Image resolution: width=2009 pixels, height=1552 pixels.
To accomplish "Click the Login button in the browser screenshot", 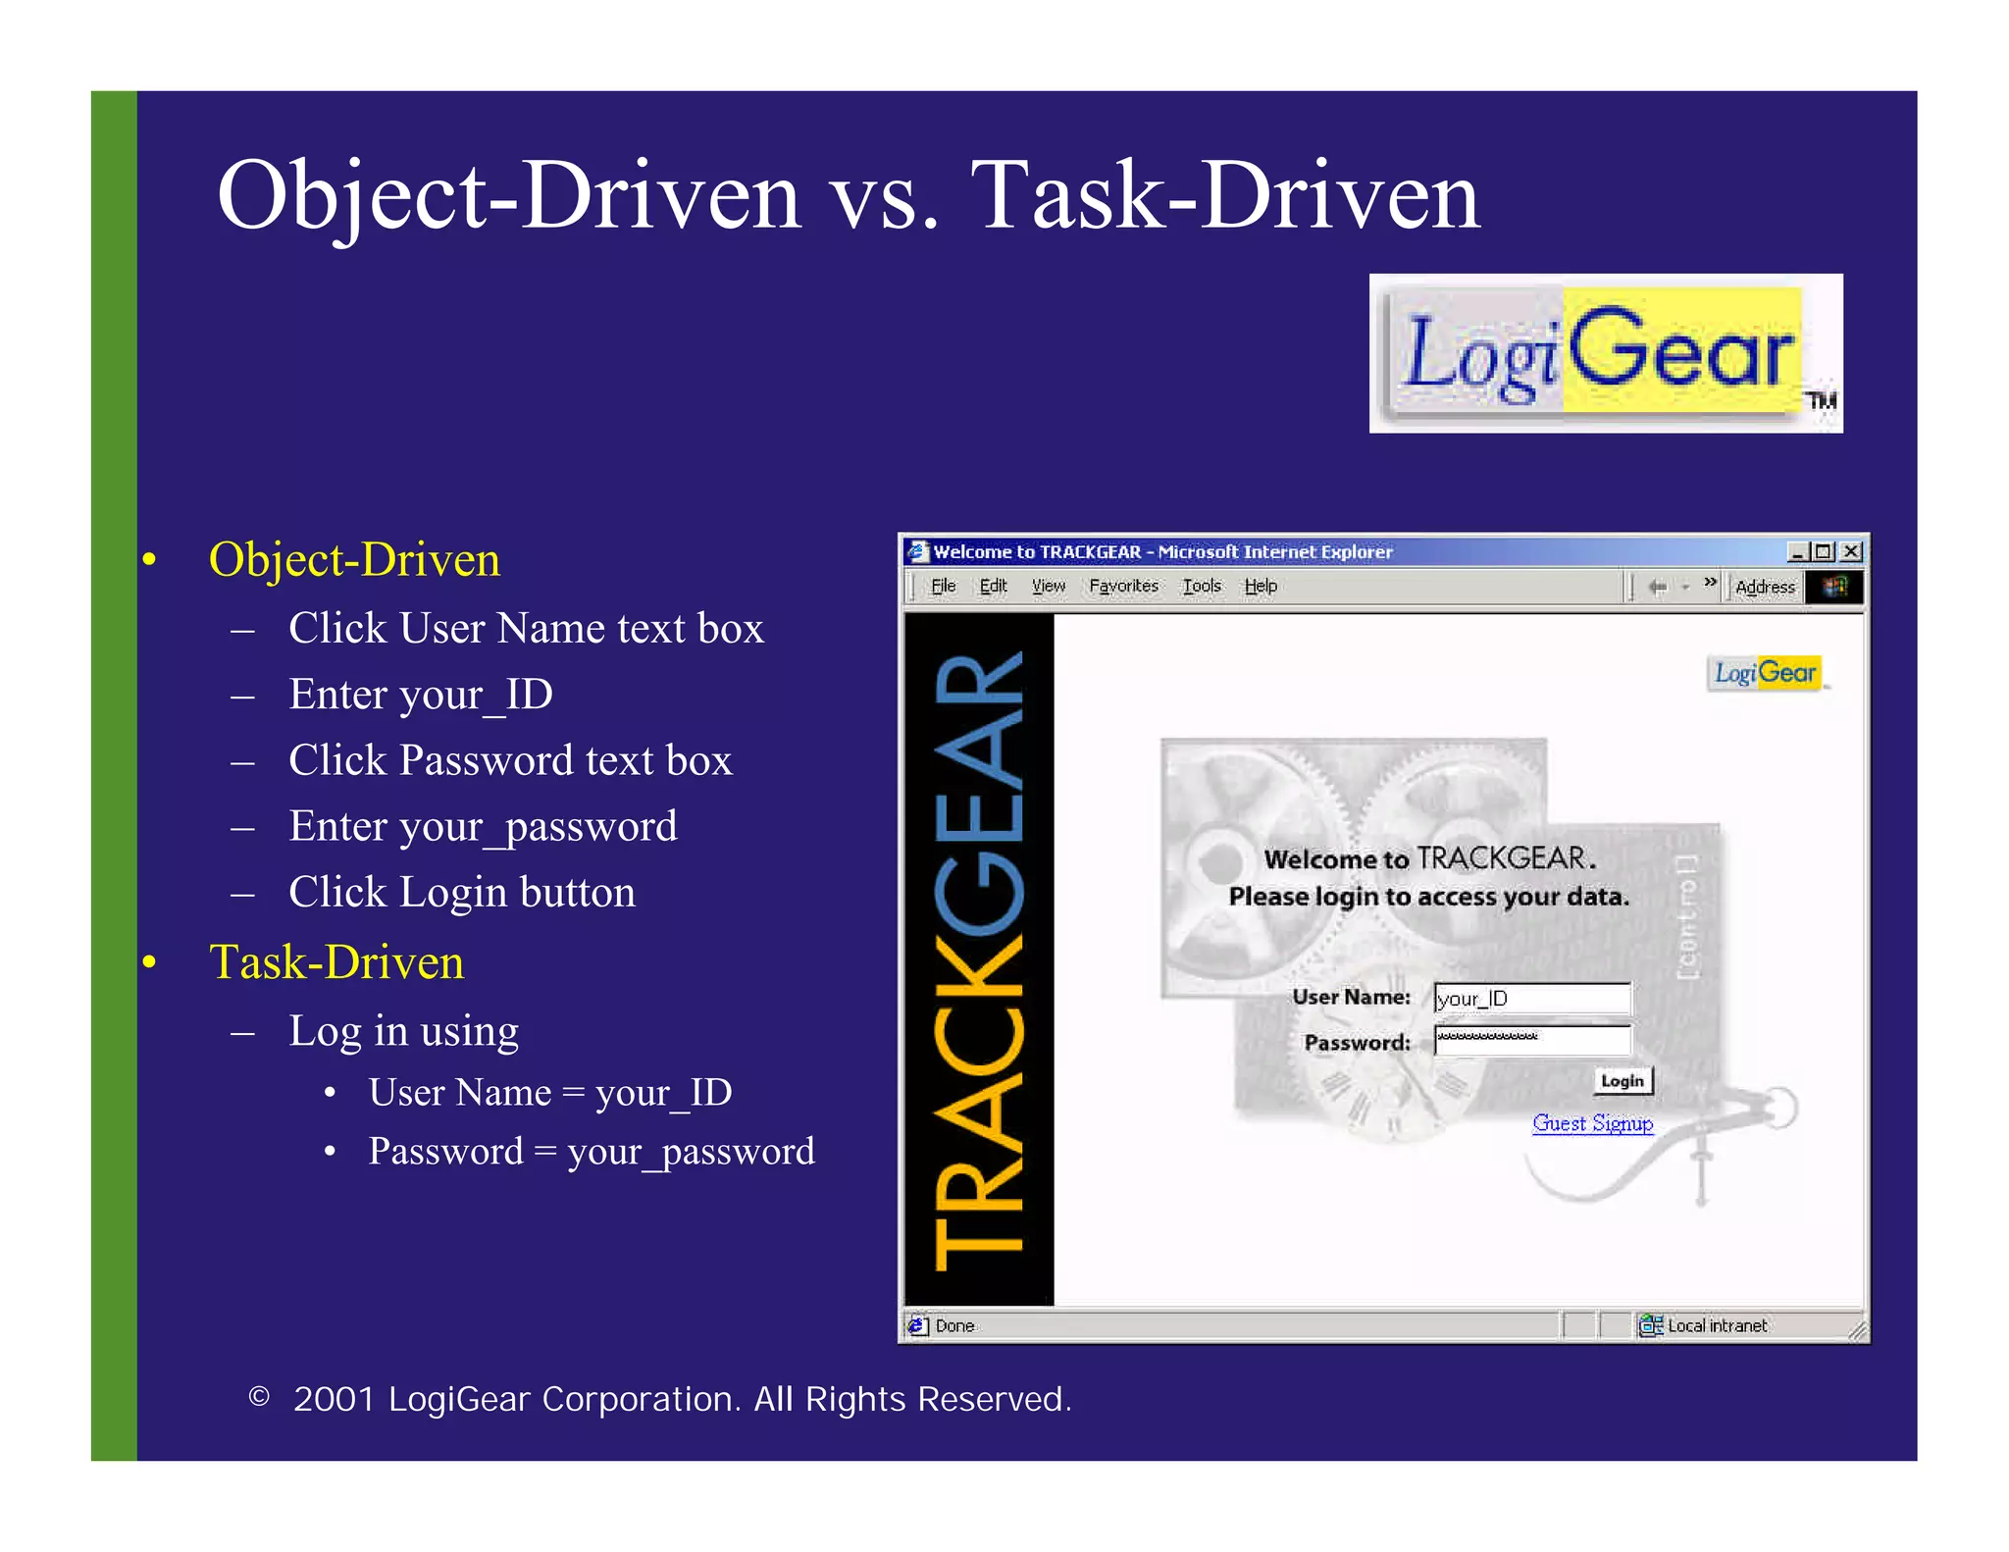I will pos(1623,1080).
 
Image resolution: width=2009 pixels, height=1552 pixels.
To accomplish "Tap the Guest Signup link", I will pos(1592,1123).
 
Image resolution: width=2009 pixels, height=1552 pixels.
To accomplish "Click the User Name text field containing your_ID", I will pos(1531,999).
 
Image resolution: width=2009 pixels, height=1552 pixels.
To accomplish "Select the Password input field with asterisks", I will pos(1531,1040).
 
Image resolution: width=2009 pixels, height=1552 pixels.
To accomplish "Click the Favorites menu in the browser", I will pos(1123,586).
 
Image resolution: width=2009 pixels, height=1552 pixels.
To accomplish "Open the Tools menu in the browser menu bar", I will pos(1201,586).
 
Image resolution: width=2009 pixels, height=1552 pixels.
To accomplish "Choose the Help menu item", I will pos(1261,586).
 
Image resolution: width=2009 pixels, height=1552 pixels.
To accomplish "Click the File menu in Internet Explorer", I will pos(943,586).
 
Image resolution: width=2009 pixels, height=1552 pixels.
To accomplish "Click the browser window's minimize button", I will pos(1797,552).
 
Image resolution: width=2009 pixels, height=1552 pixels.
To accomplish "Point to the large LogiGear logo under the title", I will pos(1605,353).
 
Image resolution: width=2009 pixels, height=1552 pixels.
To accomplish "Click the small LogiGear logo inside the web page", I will pos(1766,673).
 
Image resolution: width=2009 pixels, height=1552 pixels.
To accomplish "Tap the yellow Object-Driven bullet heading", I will pos(354,560).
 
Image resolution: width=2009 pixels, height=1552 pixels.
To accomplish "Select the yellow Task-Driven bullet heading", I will pos(336,962).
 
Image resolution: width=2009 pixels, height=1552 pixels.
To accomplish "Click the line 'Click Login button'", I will pos(461,893).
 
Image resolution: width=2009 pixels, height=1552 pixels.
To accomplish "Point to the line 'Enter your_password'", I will pos(483,827).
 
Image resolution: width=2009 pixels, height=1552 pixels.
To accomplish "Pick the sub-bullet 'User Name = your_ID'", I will pos(549,1093).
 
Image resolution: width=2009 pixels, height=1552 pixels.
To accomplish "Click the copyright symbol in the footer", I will pos(259,1397).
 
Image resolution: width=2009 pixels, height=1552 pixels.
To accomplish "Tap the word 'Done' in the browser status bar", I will pos(954,1326).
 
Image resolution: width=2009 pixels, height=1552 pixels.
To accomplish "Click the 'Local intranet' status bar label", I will pos(1717,1326).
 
